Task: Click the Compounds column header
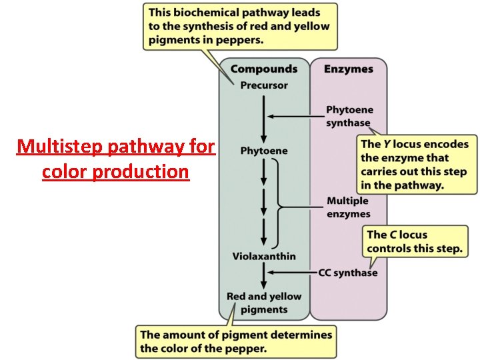point(264,69)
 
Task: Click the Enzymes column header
point(349,69)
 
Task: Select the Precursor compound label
point(264,85)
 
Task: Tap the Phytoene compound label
point(264,151)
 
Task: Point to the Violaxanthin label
point(264,256)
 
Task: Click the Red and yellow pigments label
point(264,303)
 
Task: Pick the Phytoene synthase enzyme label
point(349,116)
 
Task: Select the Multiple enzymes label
point(348,207)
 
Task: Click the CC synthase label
point(347,272)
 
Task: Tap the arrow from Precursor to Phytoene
point(265,117)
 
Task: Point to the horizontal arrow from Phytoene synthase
point(293,117)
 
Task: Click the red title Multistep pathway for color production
point(115,159)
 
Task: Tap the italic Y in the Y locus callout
point(386,144)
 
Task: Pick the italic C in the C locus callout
point(393,235)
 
